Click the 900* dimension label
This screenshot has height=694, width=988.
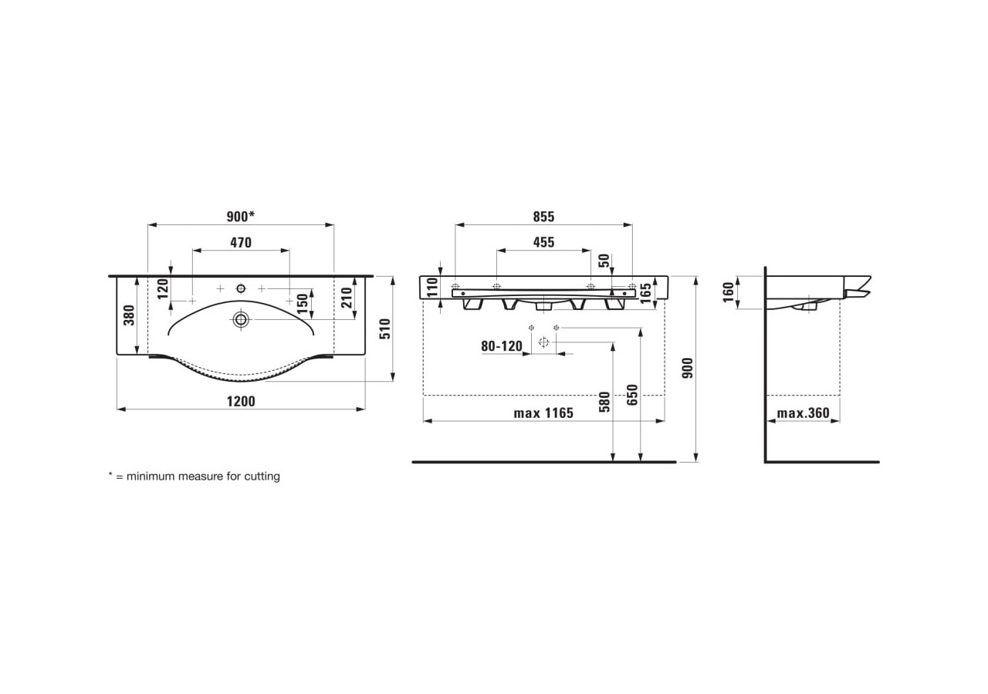[x=240, y=217]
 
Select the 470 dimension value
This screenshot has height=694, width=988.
[x=240, y=242]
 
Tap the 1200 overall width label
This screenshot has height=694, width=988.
[x=240, y=401]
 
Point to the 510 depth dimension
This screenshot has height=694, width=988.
[x=386, y=328]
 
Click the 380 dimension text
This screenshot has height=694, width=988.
[x=129, y=315]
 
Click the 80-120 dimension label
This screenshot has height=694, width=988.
[x=502, y=346]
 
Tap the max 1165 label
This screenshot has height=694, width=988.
[x=543, y=413]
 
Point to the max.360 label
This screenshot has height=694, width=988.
[x=803, y=413]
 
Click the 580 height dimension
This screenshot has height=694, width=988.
[x=604, y=403]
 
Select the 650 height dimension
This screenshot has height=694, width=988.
[x=633, y=395]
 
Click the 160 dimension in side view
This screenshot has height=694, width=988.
[x=729, y=292]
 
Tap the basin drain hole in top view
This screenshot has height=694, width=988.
[x=241, y=318]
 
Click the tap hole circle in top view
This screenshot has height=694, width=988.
[x=241, y=288]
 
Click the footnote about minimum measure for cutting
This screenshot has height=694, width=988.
[x=194, y=477]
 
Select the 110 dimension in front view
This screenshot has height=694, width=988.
[x=432, y=288]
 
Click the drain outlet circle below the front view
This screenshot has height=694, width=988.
[x=543, y=342]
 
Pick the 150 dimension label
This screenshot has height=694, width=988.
[x=303, y=301]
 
